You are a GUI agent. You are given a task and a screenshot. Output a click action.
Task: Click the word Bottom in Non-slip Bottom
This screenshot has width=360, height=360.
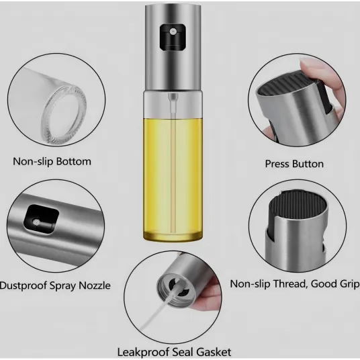(x=74, y=161)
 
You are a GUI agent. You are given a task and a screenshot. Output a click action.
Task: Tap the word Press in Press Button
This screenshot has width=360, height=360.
(x=277, y=164)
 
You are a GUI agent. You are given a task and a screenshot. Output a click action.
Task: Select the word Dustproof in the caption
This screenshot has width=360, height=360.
(x=24, y=286)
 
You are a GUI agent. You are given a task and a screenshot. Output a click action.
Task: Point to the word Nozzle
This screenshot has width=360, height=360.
(x=95, y=285)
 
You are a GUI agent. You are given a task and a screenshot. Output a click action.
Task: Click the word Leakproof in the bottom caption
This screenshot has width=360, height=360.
(x=143, y=352)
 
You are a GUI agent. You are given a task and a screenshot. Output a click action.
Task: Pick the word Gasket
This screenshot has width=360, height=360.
(x=214, y=352)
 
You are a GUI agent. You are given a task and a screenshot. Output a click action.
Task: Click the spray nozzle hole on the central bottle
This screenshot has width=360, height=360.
(x=173, y=31)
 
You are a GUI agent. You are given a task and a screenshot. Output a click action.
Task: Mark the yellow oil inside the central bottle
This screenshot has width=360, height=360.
(x=173, y=177)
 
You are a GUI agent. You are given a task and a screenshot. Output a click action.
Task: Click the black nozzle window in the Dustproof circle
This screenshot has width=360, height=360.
(x=42, y=219)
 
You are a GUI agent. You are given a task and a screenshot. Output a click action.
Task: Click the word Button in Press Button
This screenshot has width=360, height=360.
(x=308, y=164)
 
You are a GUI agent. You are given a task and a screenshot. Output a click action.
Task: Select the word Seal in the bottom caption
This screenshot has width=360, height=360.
(x=183, y=352)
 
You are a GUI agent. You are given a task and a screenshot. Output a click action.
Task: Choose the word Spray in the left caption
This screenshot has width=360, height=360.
(x=62, y=286)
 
